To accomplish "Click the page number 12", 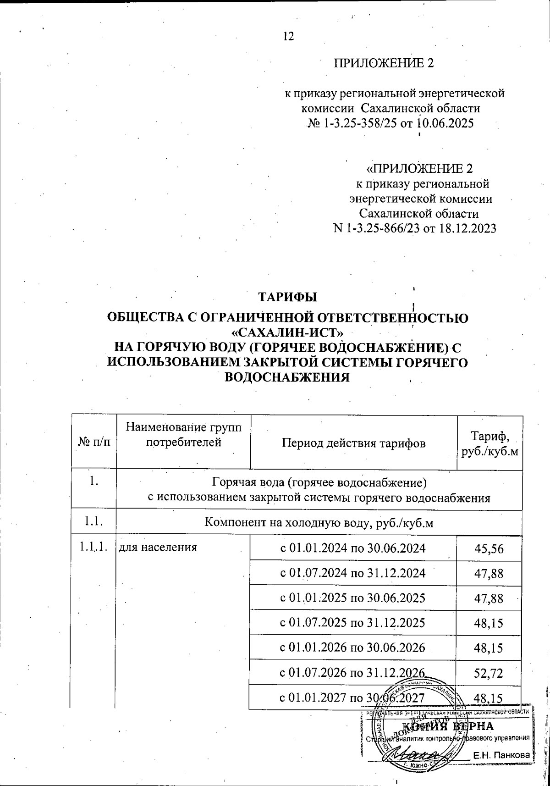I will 288,37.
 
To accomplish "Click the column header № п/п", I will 94,443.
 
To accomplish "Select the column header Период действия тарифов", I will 353,443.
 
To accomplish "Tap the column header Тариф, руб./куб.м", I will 490,443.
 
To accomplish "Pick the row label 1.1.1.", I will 93,547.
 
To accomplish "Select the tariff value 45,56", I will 489,549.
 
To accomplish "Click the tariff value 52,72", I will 489,673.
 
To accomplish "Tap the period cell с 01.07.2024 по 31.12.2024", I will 352,573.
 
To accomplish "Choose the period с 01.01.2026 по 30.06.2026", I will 352,648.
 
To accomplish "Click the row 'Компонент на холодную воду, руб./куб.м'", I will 319,522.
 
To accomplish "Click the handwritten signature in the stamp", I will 415,754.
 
